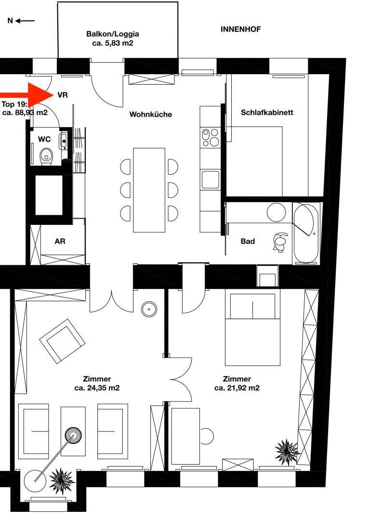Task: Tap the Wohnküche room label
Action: point(151,115)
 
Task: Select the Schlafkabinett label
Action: point(267,112)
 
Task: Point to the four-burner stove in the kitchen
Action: point(210,137)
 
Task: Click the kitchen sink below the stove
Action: point(210,180)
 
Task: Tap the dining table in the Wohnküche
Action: point(149,190)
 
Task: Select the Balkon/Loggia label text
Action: point(113,34)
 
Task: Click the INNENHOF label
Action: point(240,29)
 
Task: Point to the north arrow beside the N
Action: point(25,21)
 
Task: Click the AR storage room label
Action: point(60,241)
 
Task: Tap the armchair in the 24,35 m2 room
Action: point(62,341)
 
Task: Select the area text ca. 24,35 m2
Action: point(97,388)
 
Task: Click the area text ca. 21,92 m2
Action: point(237,388)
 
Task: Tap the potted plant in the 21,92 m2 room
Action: point(287,450)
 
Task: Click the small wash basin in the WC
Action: point(64,140)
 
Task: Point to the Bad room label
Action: point(248,241)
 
